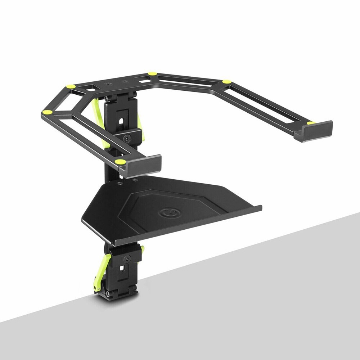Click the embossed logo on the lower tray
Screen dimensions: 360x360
coord(167,213)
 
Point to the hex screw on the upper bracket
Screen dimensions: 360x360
coord(126,138)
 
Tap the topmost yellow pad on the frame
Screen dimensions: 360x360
coord(152,74)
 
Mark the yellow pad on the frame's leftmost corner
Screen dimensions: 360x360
coord(47,112)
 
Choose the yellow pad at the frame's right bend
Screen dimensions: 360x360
coord(226,82)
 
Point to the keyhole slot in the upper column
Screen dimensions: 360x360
coord(121,118)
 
